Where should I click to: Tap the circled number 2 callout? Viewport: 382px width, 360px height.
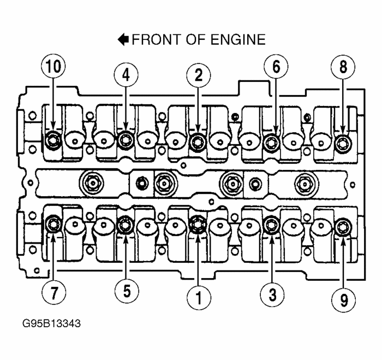point(198,75)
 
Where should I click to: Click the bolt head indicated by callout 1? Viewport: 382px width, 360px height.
point(197,223)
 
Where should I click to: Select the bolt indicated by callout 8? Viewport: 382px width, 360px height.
point(343,144)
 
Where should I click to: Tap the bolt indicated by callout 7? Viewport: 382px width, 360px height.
point(53,223)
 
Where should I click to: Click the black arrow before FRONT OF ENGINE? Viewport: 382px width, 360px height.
point(124,39)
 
